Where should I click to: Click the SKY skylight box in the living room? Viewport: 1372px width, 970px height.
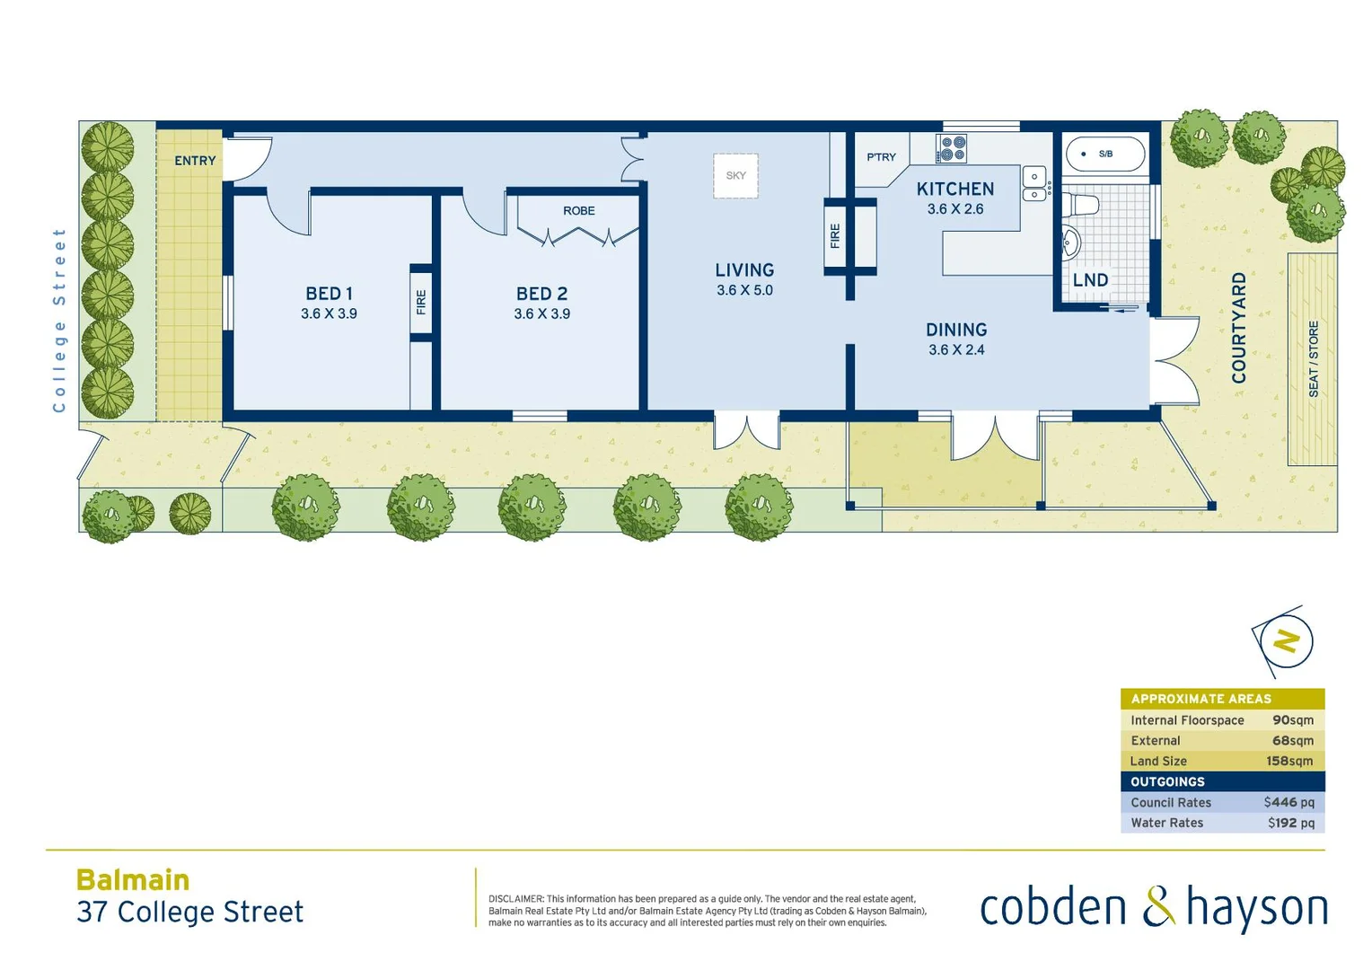point(735,175)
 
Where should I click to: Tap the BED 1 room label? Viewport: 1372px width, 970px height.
point(329,294)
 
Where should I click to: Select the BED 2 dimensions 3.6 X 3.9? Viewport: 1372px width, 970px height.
point(541,314)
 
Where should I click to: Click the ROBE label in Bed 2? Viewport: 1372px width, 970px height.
point(578,211)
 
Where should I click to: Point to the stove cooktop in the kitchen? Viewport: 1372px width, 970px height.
point(952,148)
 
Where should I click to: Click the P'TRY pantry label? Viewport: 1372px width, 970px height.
point(881,157)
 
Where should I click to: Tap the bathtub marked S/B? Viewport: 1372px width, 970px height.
point(1104,154)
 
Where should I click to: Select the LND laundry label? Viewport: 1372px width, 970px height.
point(1090,280)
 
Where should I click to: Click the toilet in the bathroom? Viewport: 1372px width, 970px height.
point(1082,206)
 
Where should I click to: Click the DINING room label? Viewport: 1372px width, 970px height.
point(956,331)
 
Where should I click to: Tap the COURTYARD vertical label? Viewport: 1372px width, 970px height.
point(1239,328)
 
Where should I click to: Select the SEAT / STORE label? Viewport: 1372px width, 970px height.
point(1314,359)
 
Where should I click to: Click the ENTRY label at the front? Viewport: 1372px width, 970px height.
point(195,161)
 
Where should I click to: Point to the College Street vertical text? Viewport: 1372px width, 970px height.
point(59,320)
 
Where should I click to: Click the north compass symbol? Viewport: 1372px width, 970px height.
point(1285,642)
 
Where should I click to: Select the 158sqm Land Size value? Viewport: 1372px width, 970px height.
point(1289,762)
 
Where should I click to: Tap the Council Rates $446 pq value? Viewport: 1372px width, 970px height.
point(1288,803)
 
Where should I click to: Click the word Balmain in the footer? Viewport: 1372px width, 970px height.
point(133,880)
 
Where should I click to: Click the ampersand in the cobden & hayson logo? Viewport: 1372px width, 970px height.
point(1157,907)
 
